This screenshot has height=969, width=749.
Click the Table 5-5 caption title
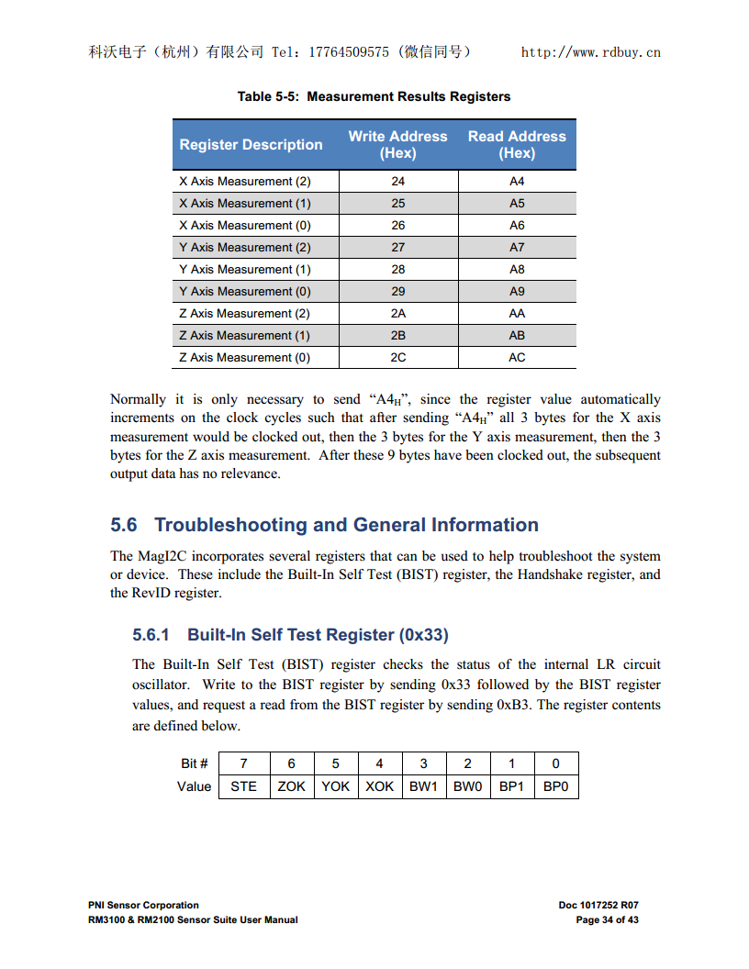(x=374, y=96)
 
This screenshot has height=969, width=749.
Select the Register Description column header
(x=251, y=144)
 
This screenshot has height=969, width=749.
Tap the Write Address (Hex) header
(x=397, y=144)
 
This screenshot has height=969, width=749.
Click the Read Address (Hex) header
(x=517, y=144)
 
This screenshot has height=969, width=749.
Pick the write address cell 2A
(x=397, y=313)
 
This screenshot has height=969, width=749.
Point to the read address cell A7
(x=517, y=247)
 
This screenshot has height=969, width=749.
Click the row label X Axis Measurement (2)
(x=245, y=181)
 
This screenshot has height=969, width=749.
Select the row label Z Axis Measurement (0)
(x=245, y=357)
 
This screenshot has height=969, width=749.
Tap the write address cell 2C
(x=397, y=357)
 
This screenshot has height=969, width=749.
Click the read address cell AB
(x=517, y=335)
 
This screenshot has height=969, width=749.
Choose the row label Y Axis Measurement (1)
(x=245, y=269)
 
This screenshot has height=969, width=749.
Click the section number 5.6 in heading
(x=124, y=525)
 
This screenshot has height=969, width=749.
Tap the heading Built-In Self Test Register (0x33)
(x=318, y=635)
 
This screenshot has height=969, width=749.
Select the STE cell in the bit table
(x=243, y=786)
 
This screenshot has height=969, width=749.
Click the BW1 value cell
(x=423, y=786)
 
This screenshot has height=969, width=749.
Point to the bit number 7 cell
(x=243, y=763)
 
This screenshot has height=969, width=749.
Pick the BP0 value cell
(x=556, y=786)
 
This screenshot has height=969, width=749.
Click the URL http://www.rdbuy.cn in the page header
(x=590, y=52)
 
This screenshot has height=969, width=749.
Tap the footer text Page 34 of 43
(x=607, y=919)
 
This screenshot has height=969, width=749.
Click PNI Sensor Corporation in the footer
(x=143, y=905)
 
